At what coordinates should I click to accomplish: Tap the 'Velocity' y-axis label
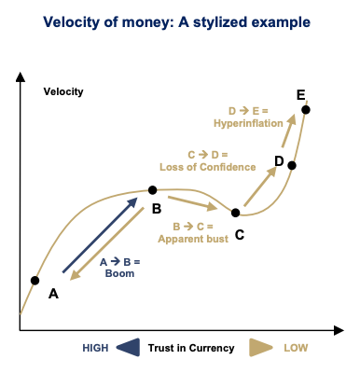(63, 91)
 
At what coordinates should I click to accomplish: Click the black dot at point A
(35, 280)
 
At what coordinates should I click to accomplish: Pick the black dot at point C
(235, 213)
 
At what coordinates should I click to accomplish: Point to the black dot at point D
(292, 165)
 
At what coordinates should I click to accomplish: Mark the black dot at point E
(306, 109)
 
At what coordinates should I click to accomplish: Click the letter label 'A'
(53, 294)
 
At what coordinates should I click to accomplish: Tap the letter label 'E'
(299, 95)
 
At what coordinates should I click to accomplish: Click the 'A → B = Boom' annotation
(118, 269)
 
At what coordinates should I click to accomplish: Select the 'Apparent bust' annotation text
(193, 240)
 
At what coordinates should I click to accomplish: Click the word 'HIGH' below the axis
(94, 348)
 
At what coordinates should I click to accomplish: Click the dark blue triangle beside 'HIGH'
(127, 347)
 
